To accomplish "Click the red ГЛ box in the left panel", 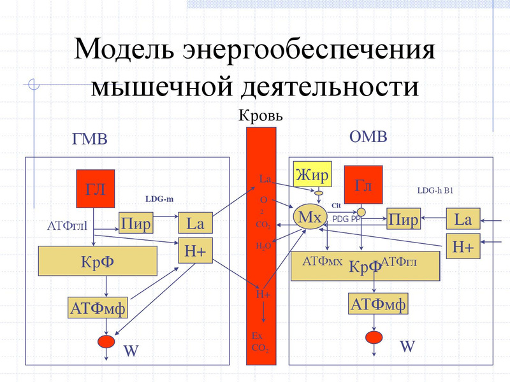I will click(x=96, y=189).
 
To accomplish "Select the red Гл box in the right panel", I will click(x=363, y=186).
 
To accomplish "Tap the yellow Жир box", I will click(x=312, y=174).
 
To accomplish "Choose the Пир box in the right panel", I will click(x=404, y=220).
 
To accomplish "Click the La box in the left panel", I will click(x=194, y=223).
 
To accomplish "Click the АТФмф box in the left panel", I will click(x=98, y=309).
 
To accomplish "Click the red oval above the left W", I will click(x=106, y=342).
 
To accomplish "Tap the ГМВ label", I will click(x=90, y=139).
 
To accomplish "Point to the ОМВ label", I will click(x=368, y=136).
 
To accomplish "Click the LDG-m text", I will click(x=159, y=199).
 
